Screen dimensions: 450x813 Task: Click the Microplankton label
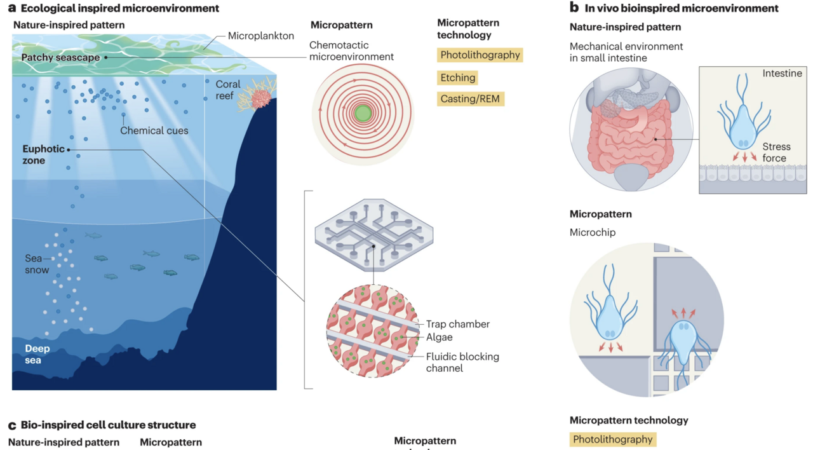click(261, 36)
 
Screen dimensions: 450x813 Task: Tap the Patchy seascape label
click(60, 58)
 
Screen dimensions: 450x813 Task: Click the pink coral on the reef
click(261, 99)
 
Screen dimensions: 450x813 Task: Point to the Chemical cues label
click(154, 131)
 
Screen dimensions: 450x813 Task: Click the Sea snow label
click(37, 264)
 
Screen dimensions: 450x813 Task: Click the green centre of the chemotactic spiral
click(362, 114)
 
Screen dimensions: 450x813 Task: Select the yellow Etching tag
click(457, 78)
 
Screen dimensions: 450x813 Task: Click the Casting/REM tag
click(471, 99)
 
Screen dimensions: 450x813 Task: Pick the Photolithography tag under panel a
click(480, 55)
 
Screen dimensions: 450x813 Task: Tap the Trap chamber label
click(457, 324)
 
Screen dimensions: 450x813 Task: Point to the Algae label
click(439, 337)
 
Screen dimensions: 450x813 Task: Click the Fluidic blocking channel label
click(462, 362)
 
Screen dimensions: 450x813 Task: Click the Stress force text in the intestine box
click(776, 153)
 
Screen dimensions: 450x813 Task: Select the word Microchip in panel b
click(593, 233)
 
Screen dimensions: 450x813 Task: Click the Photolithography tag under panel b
click(612, 439)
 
